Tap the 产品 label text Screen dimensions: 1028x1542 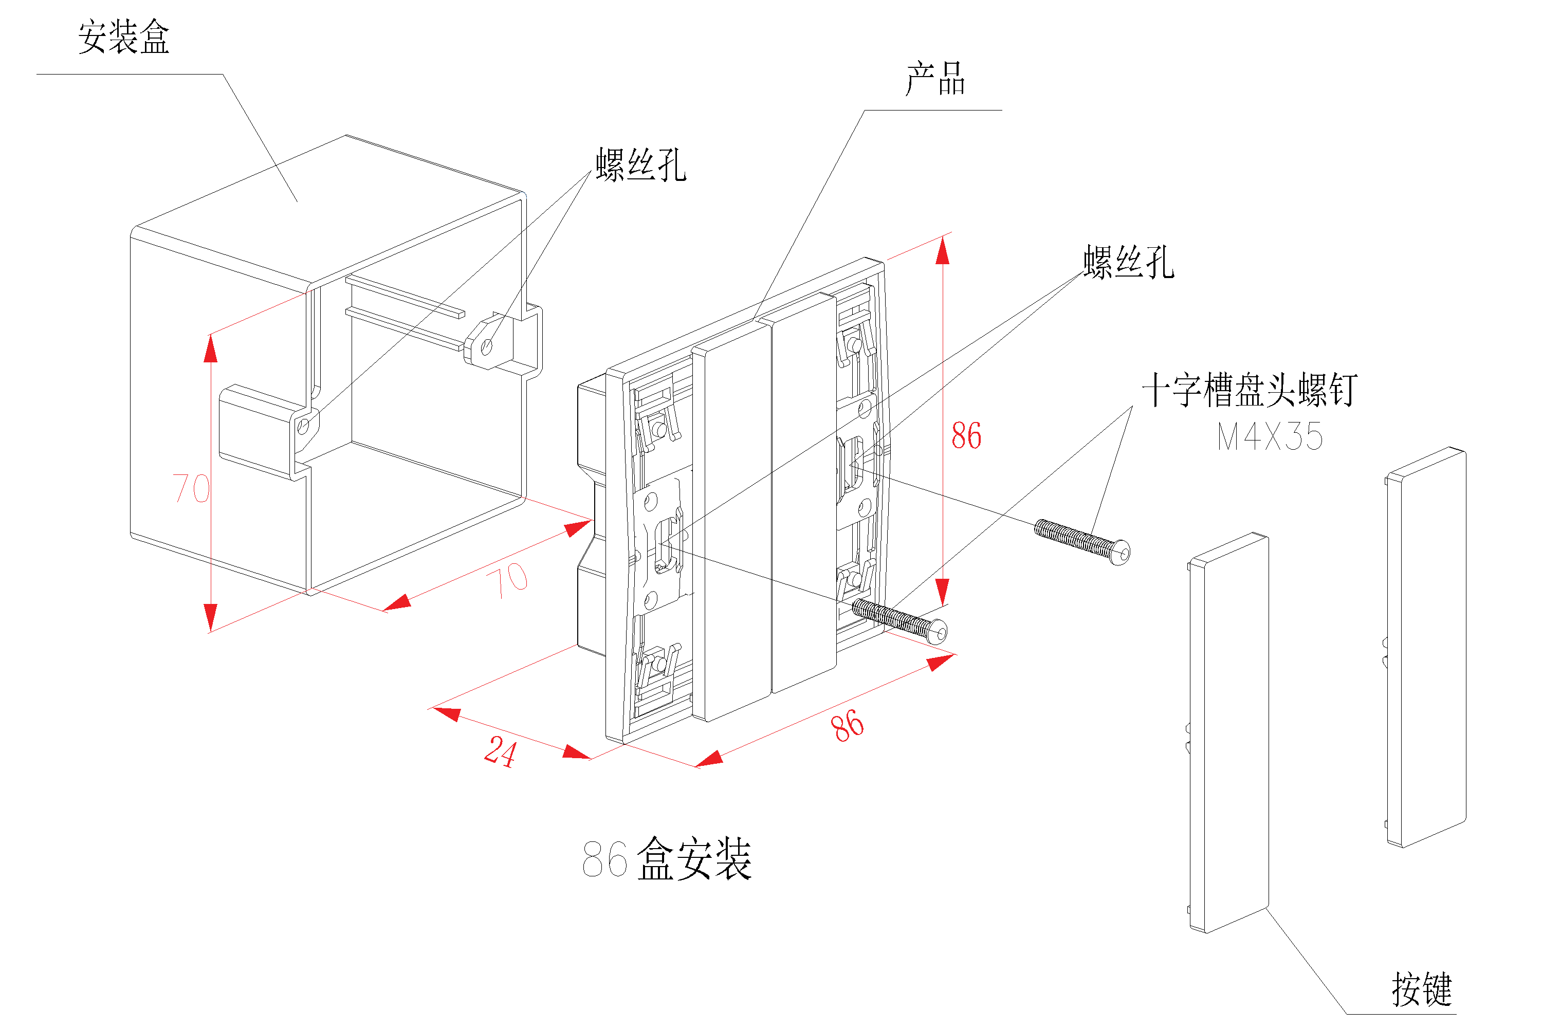pos(935,79)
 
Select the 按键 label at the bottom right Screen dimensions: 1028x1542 pos(1421,989)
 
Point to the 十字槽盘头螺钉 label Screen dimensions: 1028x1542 pos(1250,390)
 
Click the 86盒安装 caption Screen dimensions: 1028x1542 pos(667,859)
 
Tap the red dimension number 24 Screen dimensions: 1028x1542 pos(500,751)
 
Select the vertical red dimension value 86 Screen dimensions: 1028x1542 pos(966,436)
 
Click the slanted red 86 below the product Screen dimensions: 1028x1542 pos(847,726)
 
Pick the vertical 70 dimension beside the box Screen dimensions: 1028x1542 pos(191,488)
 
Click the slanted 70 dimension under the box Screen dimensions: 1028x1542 pos(507,580)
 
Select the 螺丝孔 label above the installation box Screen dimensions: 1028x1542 pos(640,164)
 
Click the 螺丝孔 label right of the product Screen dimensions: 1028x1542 pos(1128,262)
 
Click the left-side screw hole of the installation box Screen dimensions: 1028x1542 pos(303,427)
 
